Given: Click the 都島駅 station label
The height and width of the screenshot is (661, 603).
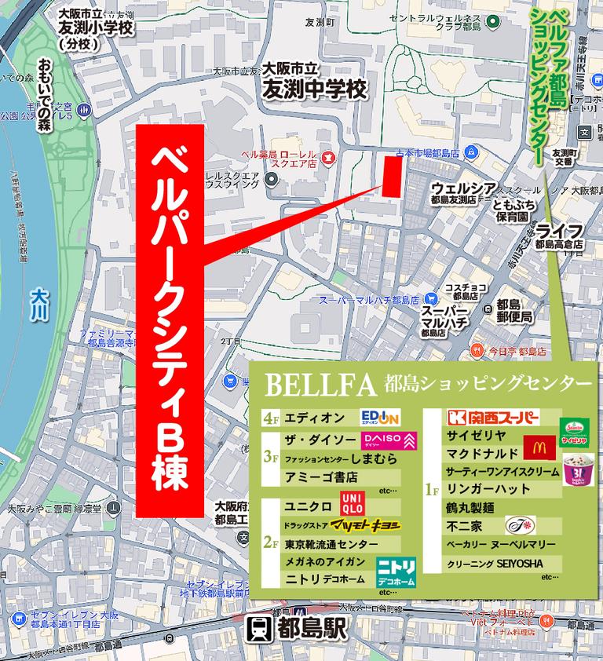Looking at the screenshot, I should (x=308, y=630).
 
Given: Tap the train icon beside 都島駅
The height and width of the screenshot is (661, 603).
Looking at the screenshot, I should (x=258, y=630).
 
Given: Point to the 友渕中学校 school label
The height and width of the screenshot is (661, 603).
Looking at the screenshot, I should (x=315, y=89).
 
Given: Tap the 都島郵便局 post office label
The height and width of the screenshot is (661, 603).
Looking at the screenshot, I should (x=514, y=311).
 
